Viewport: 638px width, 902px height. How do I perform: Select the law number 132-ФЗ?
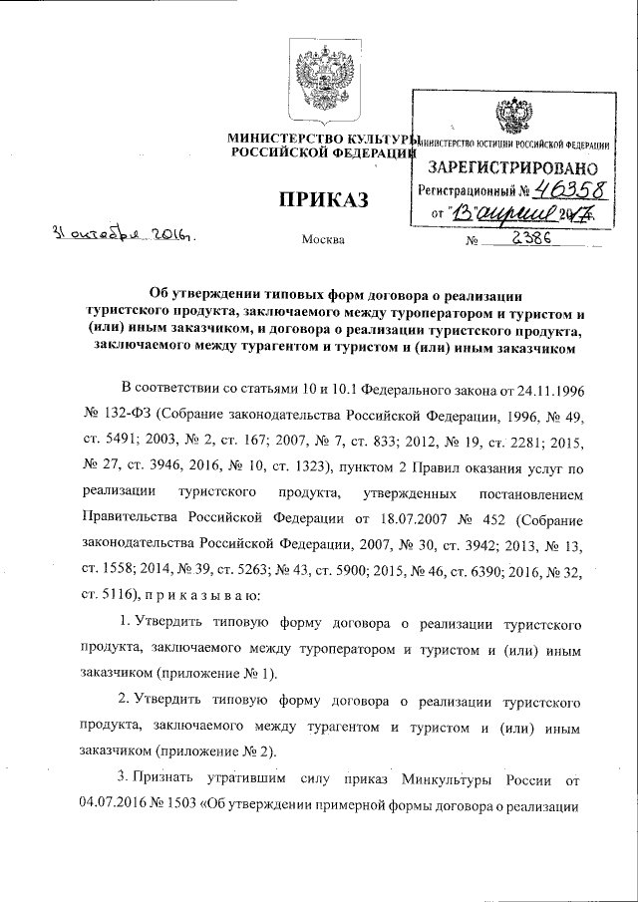(x=121, y=413)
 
